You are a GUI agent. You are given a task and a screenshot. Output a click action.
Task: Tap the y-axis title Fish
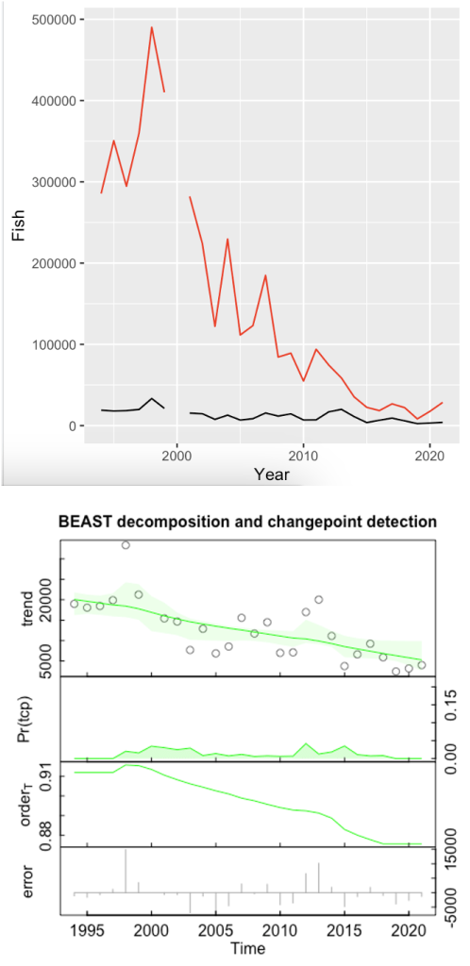click(x=18, y=223)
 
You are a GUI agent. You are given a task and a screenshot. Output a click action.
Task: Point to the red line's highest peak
click(x=151, y=27)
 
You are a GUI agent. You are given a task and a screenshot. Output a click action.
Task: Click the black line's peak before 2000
click(x=152, y=398)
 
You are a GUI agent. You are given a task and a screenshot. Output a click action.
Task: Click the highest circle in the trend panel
click(x=126, y=545)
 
